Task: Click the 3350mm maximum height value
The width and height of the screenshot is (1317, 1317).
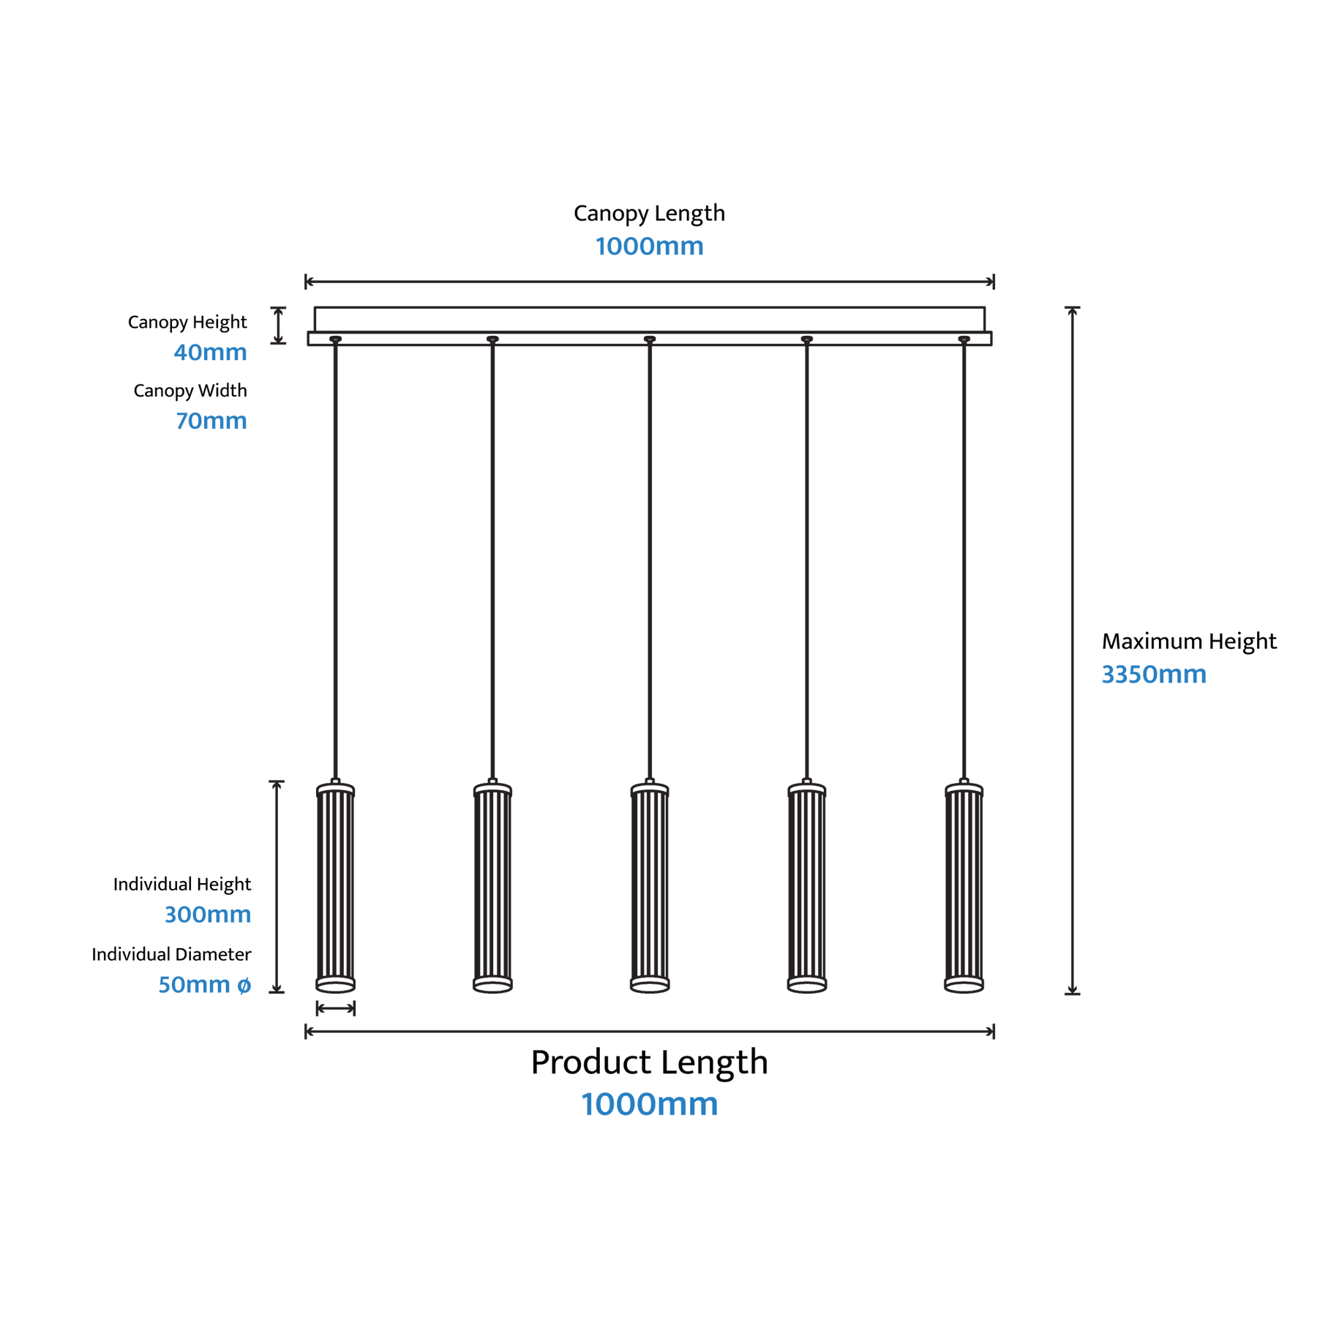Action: (x=1154, y=674)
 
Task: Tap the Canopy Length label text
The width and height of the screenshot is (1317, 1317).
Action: (x=649, y=213)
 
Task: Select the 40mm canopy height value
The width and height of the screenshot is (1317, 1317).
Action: (x=210, y=352)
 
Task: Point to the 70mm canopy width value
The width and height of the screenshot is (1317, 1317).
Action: (x=211, y=421)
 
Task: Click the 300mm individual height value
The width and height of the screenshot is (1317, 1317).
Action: (x=208, y=914)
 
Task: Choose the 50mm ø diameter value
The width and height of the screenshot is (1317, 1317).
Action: (x=205, y=984)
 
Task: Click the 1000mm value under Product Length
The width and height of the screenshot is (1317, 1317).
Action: (x=649, y=1104)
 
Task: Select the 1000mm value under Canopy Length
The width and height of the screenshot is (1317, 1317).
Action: (x=649, y=246)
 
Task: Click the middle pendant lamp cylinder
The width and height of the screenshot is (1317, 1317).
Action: (x=650, y=886)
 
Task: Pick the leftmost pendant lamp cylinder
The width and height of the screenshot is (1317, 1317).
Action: (x=336, y=886)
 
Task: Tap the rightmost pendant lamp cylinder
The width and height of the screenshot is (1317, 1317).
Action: (x=964, y=886)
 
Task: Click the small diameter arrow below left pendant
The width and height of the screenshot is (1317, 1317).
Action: (x=336, y=1008)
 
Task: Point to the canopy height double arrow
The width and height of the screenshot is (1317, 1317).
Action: (x=278, y=325)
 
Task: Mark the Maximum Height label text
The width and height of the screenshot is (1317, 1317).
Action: (x=1189, y=642)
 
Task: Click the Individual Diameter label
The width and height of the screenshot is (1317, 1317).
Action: (x=171, y=954)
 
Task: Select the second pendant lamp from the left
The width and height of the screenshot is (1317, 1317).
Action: (x=492, y=886)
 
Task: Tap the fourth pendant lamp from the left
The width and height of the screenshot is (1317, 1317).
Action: (x=807, y=886)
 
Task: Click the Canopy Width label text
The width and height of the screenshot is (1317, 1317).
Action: (x=190, y=391)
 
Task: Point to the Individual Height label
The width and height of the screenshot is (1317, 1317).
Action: (x=182, y=885)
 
